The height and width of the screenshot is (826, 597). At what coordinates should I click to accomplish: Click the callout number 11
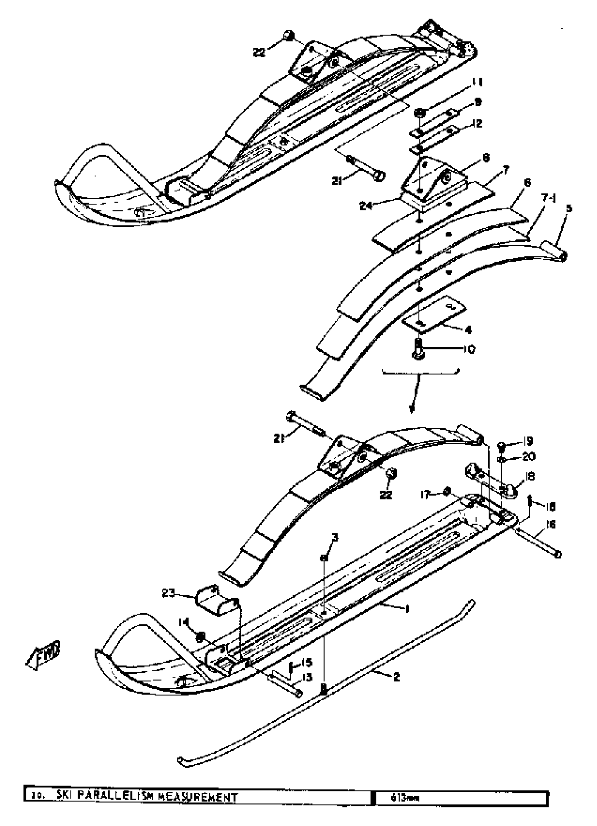[477, 83]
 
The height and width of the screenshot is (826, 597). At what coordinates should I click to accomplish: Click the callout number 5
[569, 208]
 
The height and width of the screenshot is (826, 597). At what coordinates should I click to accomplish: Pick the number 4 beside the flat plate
[468, 330]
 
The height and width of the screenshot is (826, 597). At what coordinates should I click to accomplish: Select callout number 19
[528, 441]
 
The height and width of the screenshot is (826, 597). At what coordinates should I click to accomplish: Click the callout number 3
[334, 538]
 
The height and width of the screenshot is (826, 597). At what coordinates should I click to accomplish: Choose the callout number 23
[168, 594]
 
